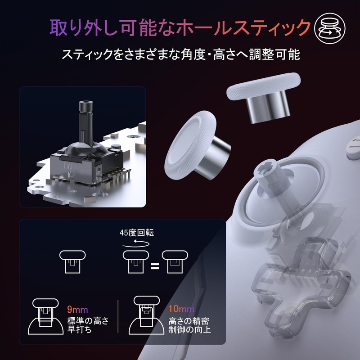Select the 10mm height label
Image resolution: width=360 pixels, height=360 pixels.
pos(182,309)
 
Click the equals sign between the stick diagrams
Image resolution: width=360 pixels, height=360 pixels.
pos(155,265)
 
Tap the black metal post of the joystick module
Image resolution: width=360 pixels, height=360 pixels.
pos(85,119)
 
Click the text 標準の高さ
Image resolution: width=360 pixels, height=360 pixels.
pos(88,320)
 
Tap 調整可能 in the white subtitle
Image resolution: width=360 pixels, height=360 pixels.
pos(279,55)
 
